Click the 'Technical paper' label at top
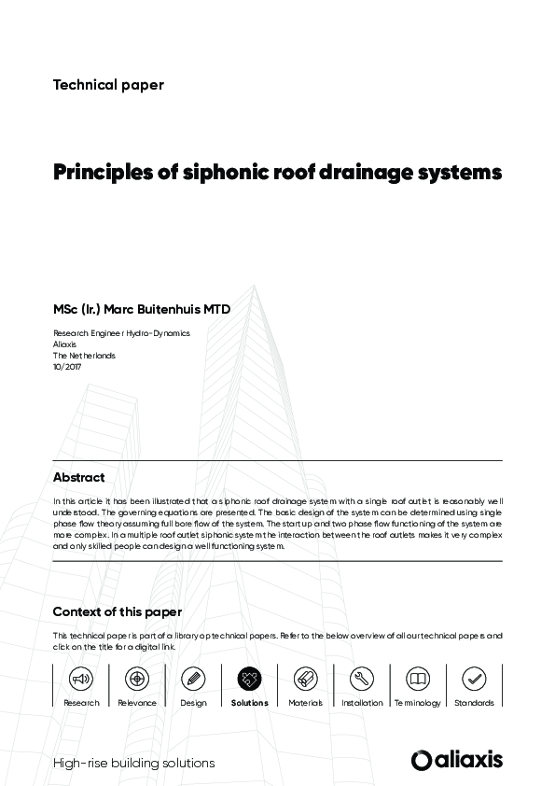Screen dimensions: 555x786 [x=108, y=85]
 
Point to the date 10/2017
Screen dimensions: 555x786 [x=68, y=367]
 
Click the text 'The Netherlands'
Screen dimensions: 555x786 [x=84, y=356]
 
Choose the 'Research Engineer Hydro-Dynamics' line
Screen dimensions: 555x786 [x=121, y=333]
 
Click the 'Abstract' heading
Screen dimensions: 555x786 [x=78, y=477]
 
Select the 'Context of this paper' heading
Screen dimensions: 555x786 [x=118, y=612]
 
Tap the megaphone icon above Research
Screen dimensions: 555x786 [x=81, y=679]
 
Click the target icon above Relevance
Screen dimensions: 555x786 [x=137, y=679]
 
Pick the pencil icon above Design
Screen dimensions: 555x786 [x=193, y=679]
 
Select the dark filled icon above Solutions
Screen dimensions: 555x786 [x=249, y=679]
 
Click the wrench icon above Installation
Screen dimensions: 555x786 [x=362, y=679]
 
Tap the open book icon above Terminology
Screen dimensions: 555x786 [x=418, y=679]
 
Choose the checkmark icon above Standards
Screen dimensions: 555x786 [x=474, y=679]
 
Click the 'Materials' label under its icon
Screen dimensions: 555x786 [x=305, y=703]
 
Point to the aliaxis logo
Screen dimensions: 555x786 [x=456, y=760]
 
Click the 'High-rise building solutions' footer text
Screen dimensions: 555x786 [x=134, y=763]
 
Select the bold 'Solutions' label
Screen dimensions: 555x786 [x=249, y=703]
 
